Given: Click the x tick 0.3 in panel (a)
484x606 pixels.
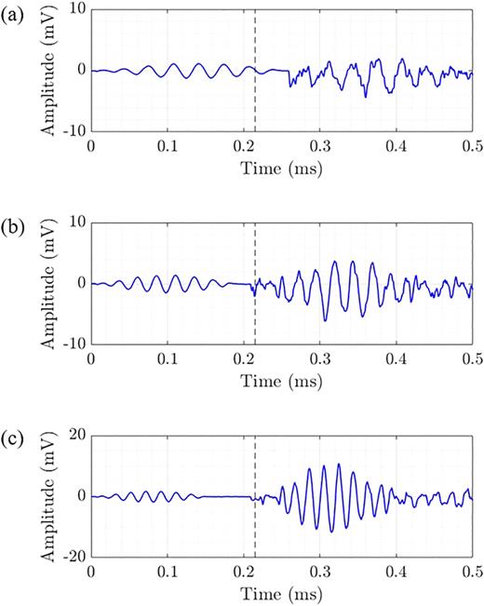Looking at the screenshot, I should pyautogui.click(x=319, y=147).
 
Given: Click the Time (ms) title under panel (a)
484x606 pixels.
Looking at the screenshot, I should pyautogui.click(x=281, y=168).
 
